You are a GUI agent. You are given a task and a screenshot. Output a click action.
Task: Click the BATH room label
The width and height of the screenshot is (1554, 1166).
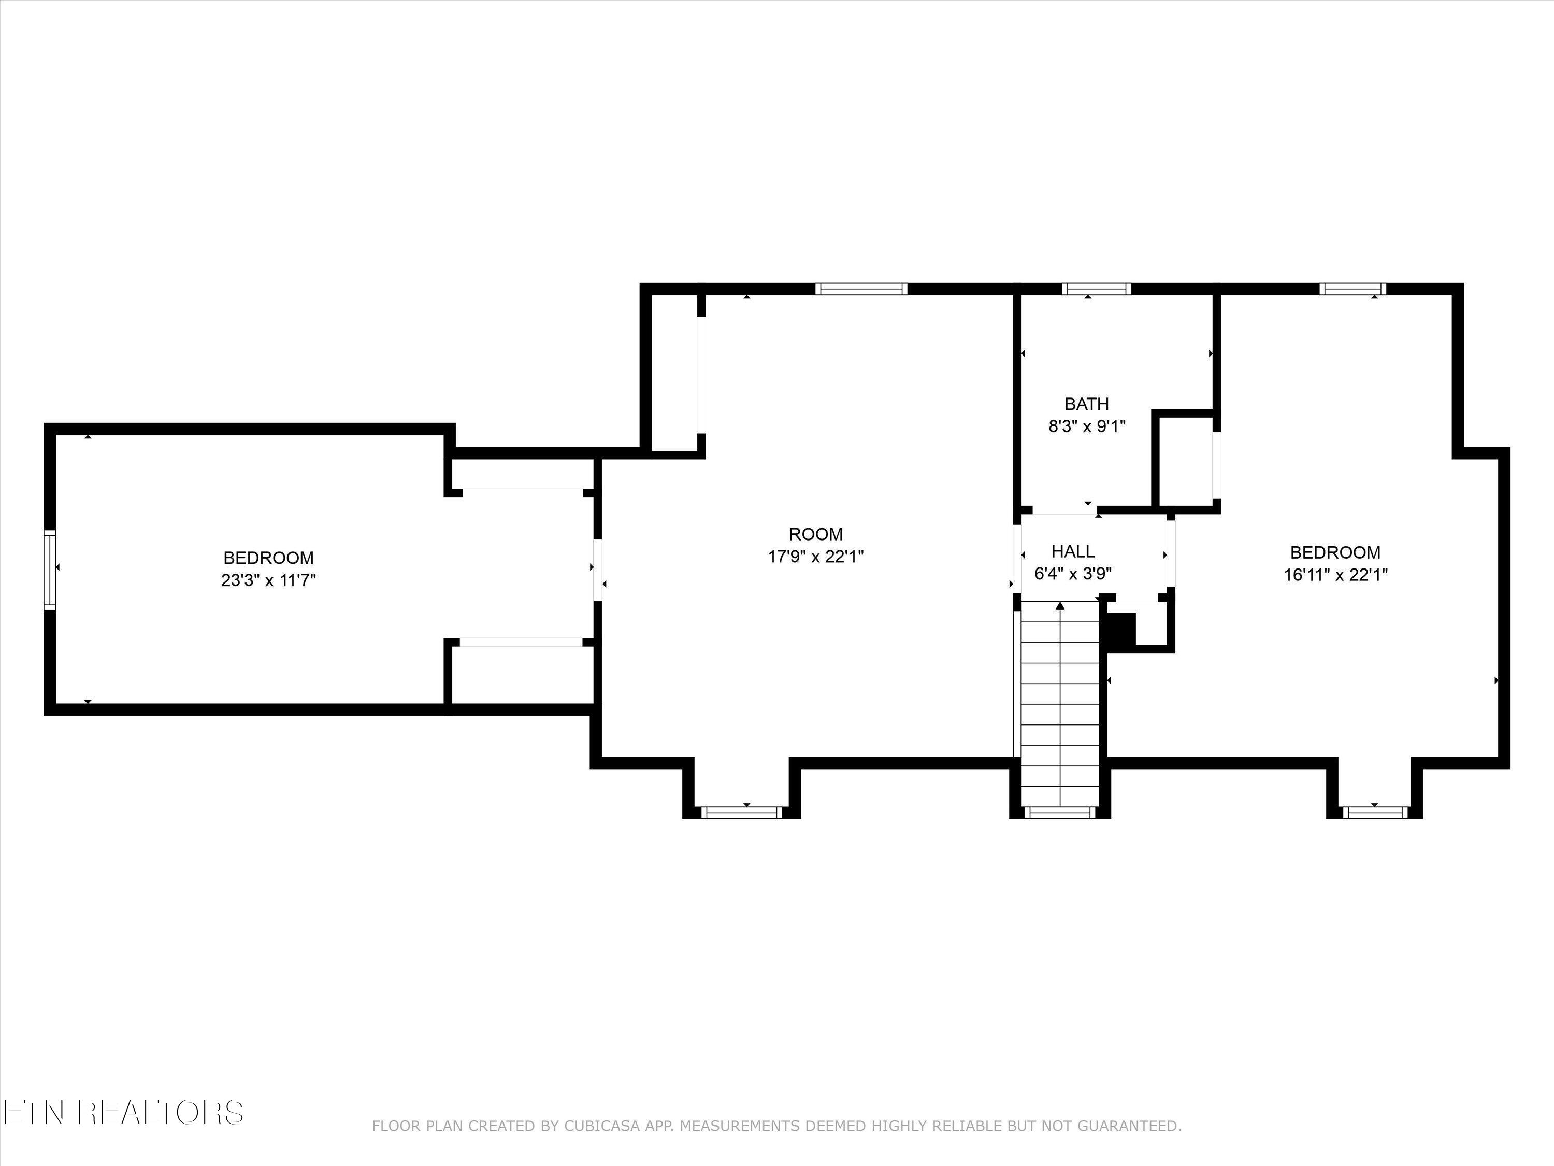point(1087,404)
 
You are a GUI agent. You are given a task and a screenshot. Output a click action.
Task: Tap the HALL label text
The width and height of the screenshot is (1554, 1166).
point(1073,552)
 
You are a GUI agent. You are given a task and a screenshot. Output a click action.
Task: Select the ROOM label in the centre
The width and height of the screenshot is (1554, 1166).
point(816,534)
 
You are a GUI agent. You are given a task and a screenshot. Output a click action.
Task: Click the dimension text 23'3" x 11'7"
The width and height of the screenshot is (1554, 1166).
point(268,580)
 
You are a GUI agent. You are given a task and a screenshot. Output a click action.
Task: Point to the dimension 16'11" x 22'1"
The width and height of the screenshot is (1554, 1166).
point(1335,575)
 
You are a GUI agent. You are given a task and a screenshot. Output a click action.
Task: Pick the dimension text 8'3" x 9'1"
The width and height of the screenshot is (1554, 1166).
point(1087,426)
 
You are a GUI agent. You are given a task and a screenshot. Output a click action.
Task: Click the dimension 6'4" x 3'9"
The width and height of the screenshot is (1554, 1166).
point(1073,574)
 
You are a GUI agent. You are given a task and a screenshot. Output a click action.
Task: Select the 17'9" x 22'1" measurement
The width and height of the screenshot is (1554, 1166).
point(816,557)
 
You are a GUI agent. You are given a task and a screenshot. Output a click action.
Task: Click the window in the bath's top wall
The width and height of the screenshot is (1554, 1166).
point(1097,289)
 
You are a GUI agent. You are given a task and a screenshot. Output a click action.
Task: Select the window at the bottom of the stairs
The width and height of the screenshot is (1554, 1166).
point(1060,813)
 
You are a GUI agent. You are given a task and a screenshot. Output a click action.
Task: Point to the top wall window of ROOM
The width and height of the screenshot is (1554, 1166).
point(861,289)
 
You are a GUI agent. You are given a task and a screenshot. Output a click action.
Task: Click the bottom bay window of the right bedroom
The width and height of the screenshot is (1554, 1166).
point(1375,813)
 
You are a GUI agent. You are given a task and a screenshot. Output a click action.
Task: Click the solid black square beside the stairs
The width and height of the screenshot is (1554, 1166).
point(1121,630)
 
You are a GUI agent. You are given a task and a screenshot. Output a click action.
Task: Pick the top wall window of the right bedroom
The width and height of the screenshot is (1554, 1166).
point(1353,289)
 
